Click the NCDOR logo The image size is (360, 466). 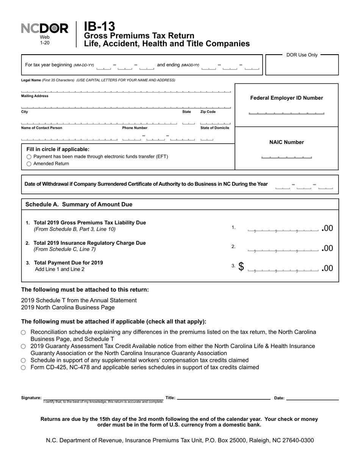pos(45,29)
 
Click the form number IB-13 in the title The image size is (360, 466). pos(99,27)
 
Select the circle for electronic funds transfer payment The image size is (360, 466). pos(29,157)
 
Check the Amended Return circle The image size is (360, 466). pos(29,164)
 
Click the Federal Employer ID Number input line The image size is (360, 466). pos(286,113)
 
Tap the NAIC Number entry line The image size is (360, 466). pos(286,156)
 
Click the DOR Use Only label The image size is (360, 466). pos(302,55)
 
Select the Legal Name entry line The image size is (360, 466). pos(126,91)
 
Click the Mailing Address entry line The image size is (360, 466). pos(126,107)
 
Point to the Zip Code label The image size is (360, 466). pos(208,112)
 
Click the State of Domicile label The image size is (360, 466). pos(214,128)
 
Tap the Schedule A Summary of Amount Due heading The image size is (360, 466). pos(79,205)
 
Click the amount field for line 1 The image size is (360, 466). pos(283,229)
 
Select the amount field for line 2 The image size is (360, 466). pos(283,249)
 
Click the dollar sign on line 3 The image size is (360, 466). pos(241,267)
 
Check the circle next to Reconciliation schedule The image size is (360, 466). pos(23,333)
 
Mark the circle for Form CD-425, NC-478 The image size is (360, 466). pos(23,367)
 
